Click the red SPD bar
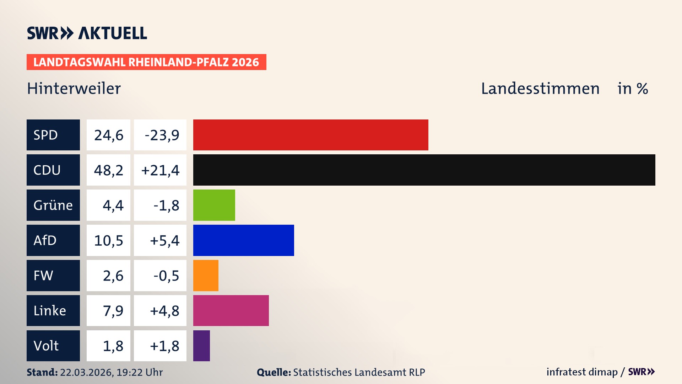[310, 135]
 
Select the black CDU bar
[424, 170]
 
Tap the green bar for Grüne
[214, 205]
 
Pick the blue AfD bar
[243, 240]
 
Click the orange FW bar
[206, 276]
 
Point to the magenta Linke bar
[231, 310]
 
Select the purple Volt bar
[201, 346]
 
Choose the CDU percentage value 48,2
[108, 170]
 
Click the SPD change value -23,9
[162, 135]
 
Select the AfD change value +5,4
[164, 241]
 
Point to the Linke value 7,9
[113, 311]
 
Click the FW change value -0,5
[166, 276]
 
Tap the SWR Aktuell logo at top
[87, 33]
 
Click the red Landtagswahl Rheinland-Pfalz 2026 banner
[146, 62]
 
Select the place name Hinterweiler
[74, 89]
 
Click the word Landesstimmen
[540, 89]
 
